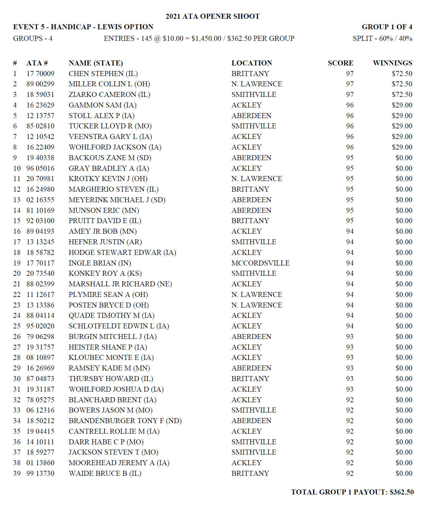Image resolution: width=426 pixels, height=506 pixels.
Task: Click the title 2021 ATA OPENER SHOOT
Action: [x=212, y=16]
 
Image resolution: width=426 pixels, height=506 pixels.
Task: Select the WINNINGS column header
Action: [x=392, y=63]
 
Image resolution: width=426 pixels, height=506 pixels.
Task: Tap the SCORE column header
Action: [x=340, y=63]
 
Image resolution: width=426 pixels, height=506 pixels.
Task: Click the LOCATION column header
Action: [x=252, y=63]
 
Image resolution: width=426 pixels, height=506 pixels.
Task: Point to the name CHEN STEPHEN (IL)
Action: [x=103, y=74]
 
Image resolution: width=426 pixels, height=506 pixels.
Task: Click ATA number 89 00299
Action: [x=40, y=84]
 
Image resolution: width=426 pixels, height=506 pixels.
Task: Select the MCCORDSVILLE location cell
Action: [x=260, y=263]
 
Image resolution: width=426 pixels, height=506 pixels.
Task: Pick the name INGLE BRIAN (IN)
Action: [x=100, y=263]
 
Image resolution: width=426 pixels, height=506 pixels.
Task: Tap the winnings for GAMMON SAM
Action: [x=402, y=105]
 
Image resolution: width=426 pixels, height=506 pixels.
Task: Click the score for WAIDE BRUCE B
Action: [x=350, y=473]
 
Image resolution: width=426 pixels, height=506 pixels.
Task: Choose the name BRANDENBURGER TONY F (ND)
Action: [x=125, y=421]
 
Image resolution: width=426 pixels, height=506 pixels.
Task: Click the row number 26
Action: [x=17, y=337]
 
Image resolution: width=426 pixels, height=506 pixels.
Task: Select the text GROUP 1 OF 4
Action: [x=387, y=27]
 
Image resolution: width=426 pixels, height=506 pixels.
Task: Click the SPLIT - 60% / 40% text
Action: [x=382, y=38]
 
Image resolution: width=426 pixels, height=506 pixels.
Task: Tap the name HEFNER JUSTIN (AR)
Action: [x=105, y=242]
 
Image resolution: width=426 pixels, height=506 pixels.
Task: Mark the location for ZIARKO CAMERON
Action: [x=253, y=94]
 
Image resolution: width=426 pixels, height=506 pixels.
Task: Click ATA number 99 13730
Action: [x=40, y=473]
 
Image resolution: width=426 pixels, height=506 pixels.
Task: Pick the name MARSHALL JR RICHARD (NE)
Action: [x=120, y=284]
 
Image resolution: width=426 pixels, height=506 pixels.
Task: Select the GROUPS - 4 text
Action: [x=33, y=38]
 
